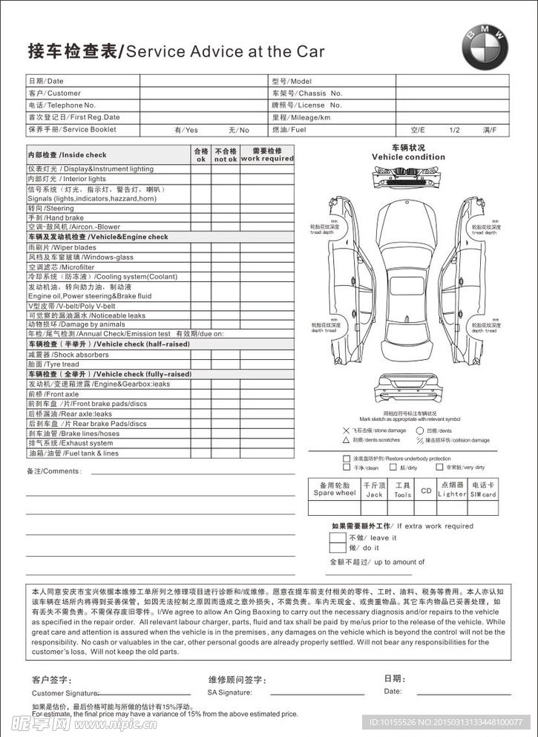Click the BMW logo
pyautogui.click(x=485, y=50)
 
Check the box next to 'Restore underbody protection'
pyautogui.click(x=346, y=459)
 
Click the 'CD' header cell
pyautogui.click(x=426, y=490)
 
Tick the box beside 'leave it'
pyautogui.click(x=337, y=537)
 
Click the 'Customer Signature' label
pyautogui.click(x=65, y=692)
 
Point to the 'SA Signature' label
pyautogui.click(x=229, y=692)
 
